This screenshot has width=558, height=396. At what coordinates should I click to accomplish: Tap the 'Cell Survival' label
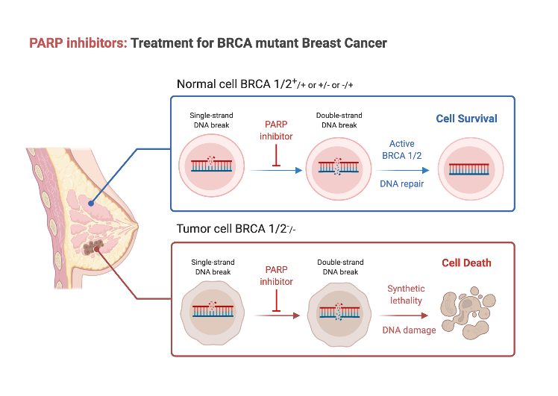pos(467,119)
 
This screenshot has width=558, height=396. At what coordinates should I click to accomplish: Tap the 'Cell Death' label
pos(467,263)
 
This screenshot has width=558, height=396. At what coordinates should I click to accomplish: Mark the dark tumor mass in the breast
pos(95,248)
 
